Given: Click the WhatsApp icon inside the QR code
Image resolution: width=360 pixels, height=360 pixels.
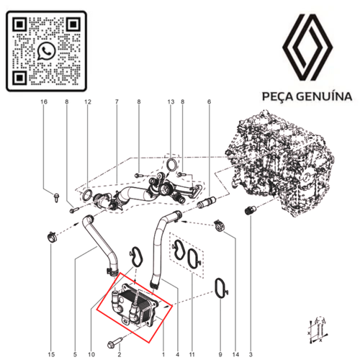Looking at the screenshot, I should (x=47, y=50).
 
